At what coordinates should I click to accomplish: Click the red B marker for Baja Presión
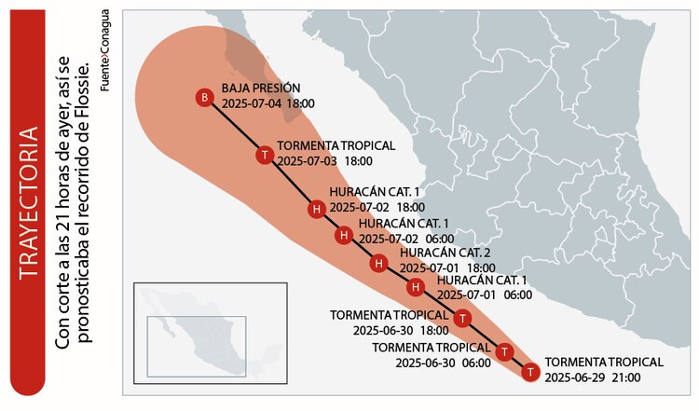[204, 98]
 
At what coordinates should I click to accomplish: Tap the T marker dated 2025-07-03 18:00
[266, 154]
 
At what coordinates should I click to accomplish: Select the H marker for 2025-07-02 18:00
[317, 209]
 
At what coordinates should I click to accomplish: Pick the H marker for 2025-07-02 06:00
[344, 235]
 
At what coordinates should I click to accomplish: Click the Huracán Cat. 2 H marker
[378, 264]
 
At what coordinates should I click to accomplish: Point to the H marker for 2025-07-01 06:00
[417, 287]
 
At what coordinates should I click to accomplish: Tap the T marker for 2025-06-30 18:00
[464, 319]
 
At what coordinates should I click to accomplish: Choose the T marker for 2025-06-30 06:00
[504, 352]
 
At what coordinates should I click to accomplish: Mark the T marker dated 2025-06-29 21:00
[530, 372]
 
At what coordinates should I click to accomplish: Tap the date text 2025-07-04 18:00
[267, 104]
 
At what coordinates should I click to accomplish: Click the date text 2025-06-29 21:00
[592, 377]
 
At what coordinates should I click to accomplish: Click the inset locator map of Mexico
[209, 331]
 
